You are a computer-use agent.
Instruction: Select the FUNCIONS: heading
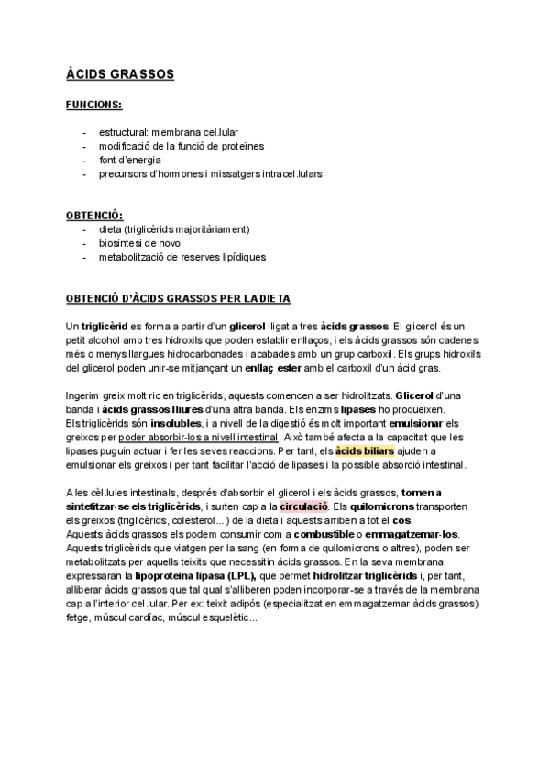pos(94,106)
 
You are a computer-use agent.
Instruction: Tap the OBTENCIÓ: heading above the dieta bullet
pos(94,215)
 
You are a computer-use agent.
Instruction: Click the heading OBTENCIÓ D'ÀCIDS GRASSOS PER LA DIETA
pos(177,299)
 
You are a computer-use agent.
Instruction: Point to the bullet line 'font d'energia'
pos(130,160)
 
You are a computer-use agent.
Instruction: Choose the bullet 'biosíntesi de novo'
pos(139,243)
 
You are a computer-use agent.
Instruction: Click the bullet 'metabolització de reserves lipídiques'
pos(182,257)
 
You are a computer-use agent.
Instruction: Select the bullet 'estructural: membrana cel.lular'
pos(169,132)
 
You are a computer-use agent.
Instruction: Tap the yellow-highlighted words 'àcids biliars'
pos(365,451)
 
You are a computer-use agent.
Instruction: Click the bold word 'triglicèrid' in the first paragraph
pos(104,326)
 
